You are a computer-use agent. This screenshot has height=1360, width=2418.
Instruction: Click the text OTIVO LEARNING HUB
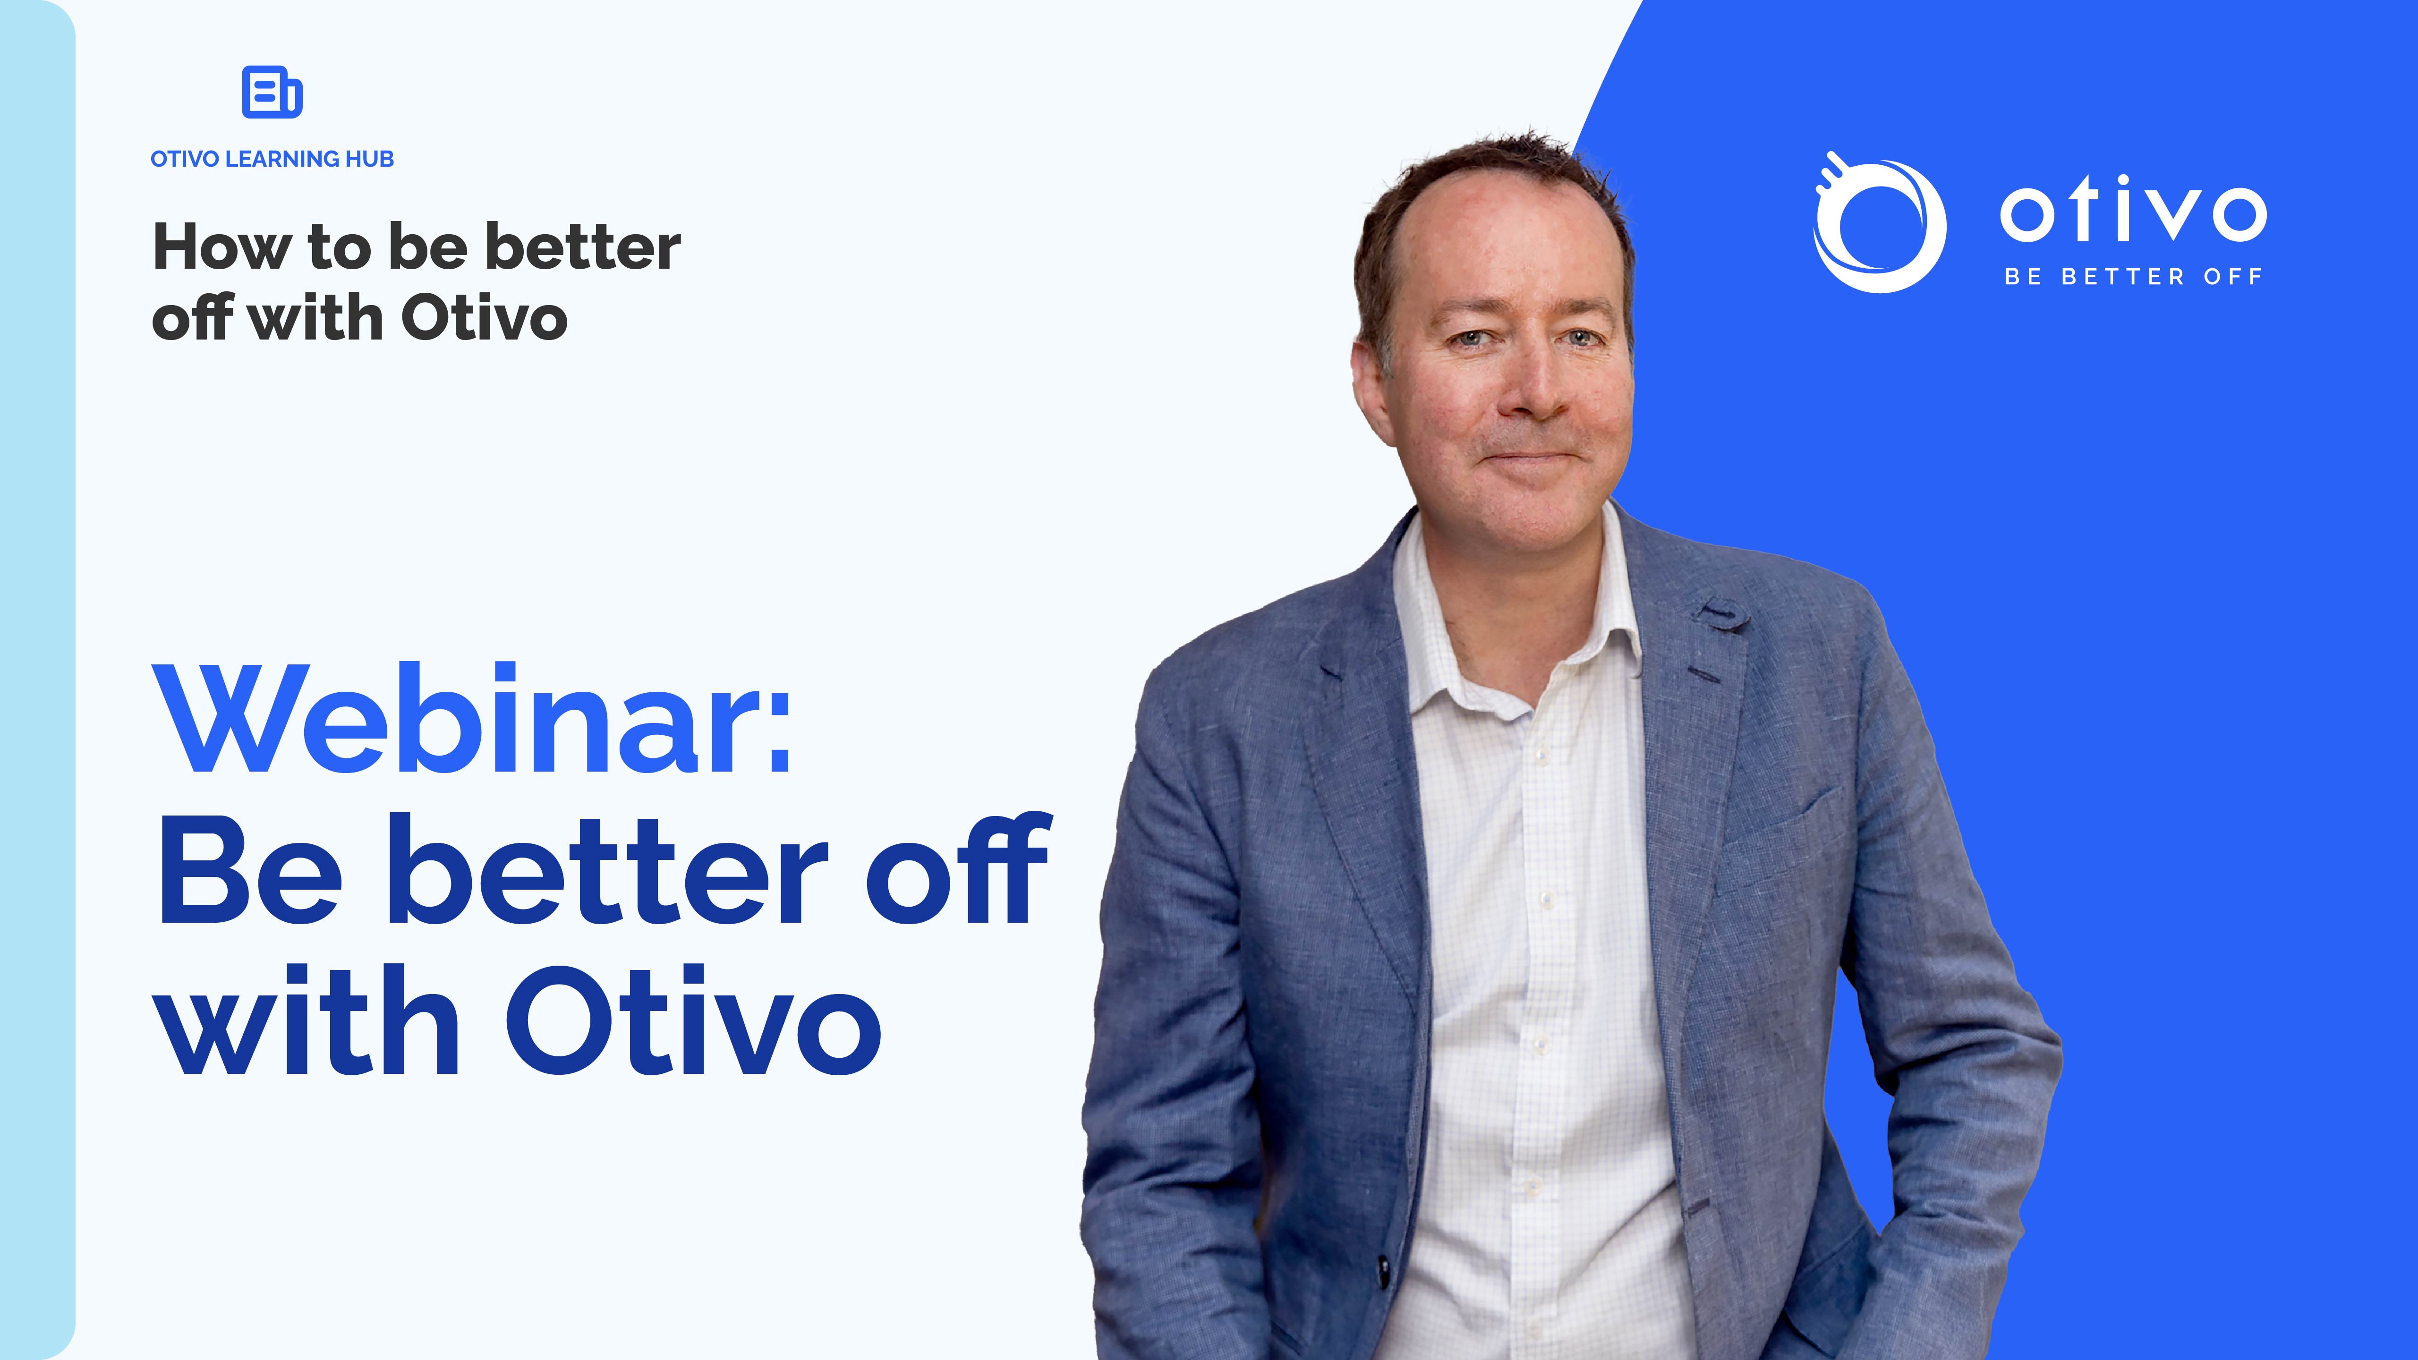[x=272, y=159]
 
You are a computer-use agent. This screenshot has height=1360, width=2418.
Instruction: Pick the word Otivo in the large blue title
[x=695, y=1021]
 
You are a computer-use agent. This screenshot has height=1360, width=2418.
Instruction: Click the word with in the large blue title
[x=310, y=1021]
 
